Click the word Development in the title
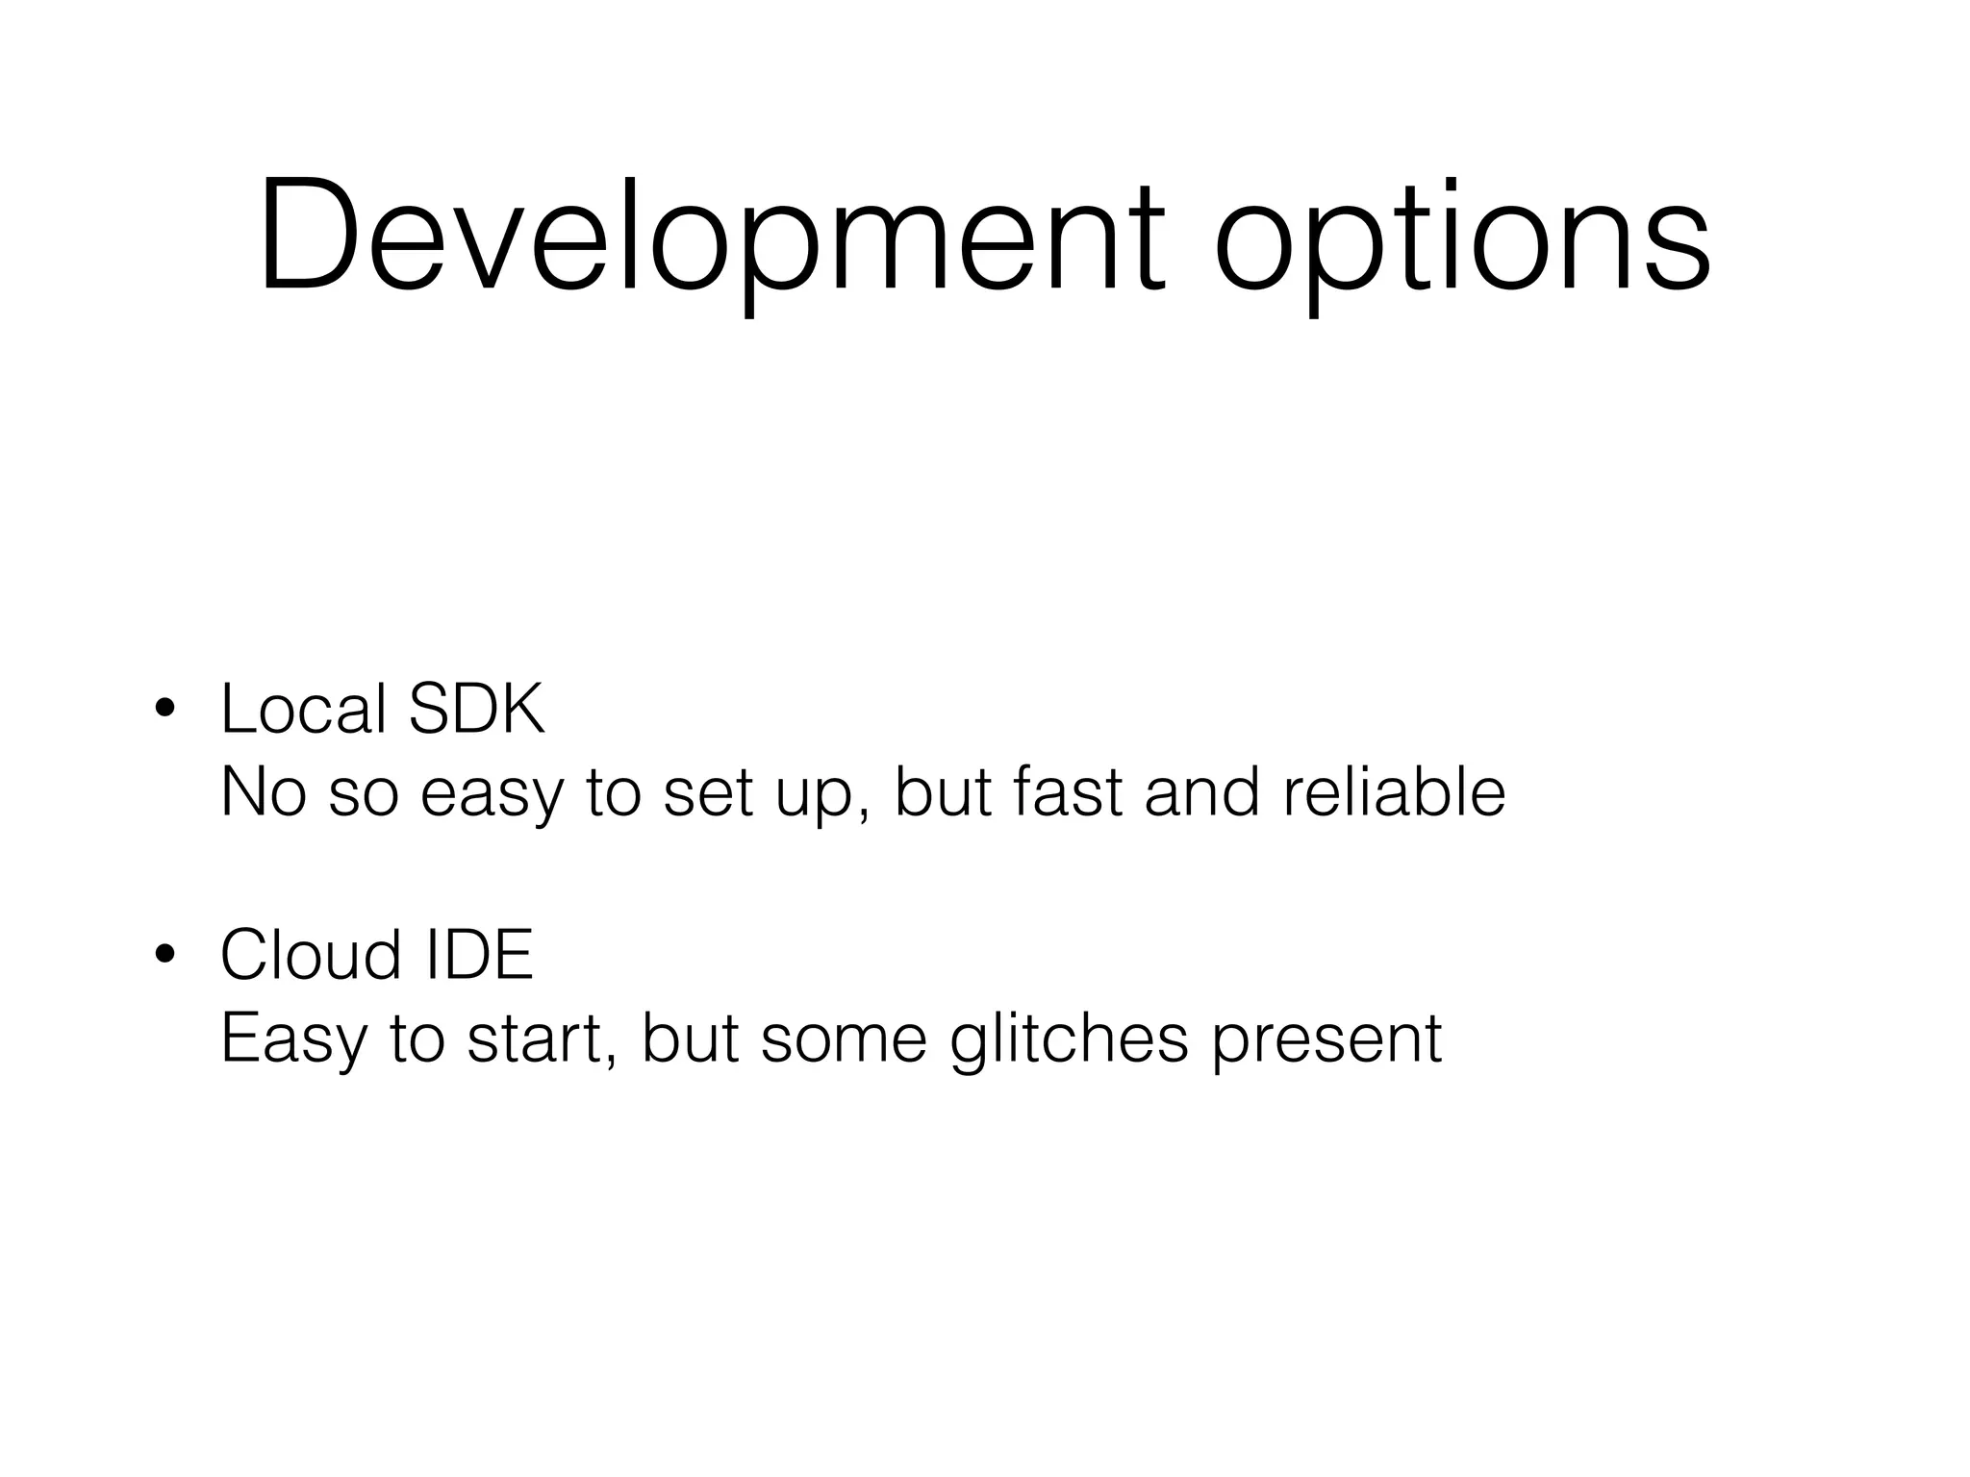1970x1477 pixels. click(x=712, y=236)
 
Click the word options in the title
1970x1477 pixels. click(x=1462, y=240)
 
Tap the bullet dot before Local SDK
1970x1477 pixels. click(x=164, y=709)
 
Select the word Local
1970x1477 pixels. click(x=303, y=709)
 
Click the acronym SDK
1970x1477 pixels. click(x=477, y=709)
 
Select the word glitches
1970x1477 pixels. click(x=1069, y=1040)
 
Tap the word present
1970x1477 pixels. click(x=1326, y=1042)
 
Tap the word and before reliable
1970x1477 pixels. click(x=1201, y=792)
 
